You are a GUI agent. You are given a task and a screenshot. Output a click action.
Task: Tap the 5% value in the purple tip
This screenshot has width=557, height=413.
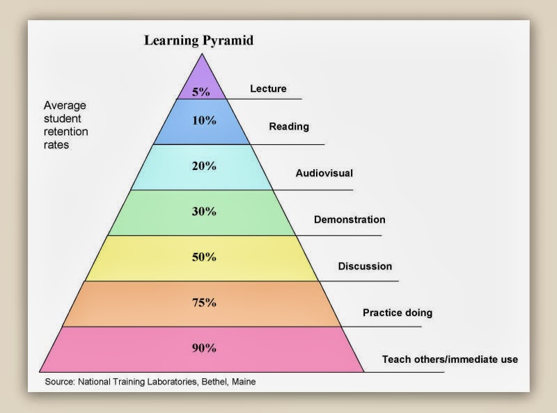point(201,92)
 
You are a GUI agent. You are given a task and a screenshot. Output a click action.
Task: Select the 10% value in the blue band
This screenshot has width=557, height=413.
point(204,120)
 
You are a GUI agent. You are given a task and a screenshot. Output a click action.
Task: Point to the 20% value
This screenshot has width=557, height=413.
point(204,166)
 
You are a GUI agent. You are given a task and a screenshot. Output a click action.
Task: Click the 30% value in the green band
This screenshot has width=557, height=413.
point(204,212)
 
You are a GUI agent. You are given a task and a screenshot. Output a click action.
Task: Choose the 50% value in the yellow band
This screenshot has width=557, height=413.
point(204,257)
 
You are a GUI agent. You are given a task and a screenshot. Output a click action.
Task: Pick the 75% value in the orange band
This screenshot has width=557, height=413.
point(204,303)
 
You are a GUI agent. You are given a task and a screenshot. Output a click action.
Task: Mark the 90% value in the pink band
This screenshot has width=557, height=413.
point(204,348)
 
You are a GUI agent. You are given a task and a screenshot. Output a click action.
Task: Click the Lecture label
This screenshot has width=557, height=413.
point(268,89)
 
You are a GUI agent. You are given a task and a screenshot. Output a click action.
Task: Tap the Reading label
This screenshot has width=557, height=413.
point(289,127)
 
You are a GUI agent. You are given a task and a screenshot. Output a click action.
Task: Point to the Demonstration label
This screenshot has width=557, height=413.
point(350,220)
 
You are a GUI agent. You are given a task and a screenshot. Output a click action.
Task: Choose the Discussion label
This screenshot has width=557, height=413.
point(365,267)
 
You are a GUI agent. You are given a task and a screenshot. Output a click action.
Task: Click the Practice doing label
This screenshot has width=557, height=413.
point(398,313)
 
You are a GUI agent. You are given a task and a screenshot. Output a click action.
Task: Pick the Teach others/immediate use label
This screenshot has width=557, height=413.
point(450,360)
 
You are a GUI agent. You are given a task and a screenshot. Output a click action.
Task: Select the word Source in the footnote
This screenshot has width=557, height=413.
point(58,382)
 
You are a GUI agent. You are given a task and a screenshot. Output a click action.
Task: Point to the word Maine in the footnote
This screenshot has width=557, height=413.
point(244,382)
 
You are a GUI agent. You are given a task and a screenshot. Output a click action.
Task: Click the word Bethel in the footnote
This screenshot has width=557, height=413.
point(212,382)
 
